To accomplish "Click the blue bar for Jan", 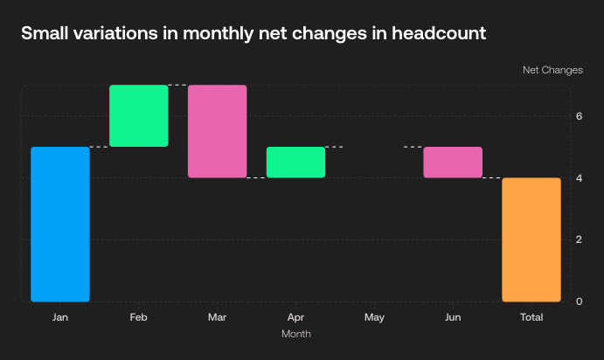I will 60,224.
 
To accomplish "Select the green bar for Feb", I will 138,115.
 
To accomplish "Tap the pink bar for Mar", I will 217,131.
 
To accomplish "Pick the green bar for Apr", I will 295,162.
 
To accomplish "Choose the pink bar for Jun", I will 453,162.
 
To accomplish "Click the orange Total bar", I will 531,239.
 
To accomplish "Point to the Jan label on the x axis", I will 60,317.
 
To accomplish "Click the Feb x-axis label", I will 138,317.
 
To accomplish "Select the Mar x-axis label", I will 217,317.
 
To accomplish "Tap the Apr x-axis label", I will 295,317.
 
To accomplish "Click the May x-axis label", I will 374,317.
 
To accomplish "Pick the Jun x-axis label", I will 453,317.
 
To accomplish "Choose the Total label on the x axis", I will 531,317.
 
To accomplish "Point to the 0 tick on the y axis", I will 579,301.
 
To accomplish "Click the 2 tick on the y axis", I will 579,239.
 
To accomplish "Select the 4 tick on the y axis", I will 579,178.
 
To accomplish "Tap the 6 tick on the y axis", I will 579,116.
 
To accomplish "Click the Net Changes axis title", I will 552,69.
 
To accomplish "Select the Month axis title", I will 295,334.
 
